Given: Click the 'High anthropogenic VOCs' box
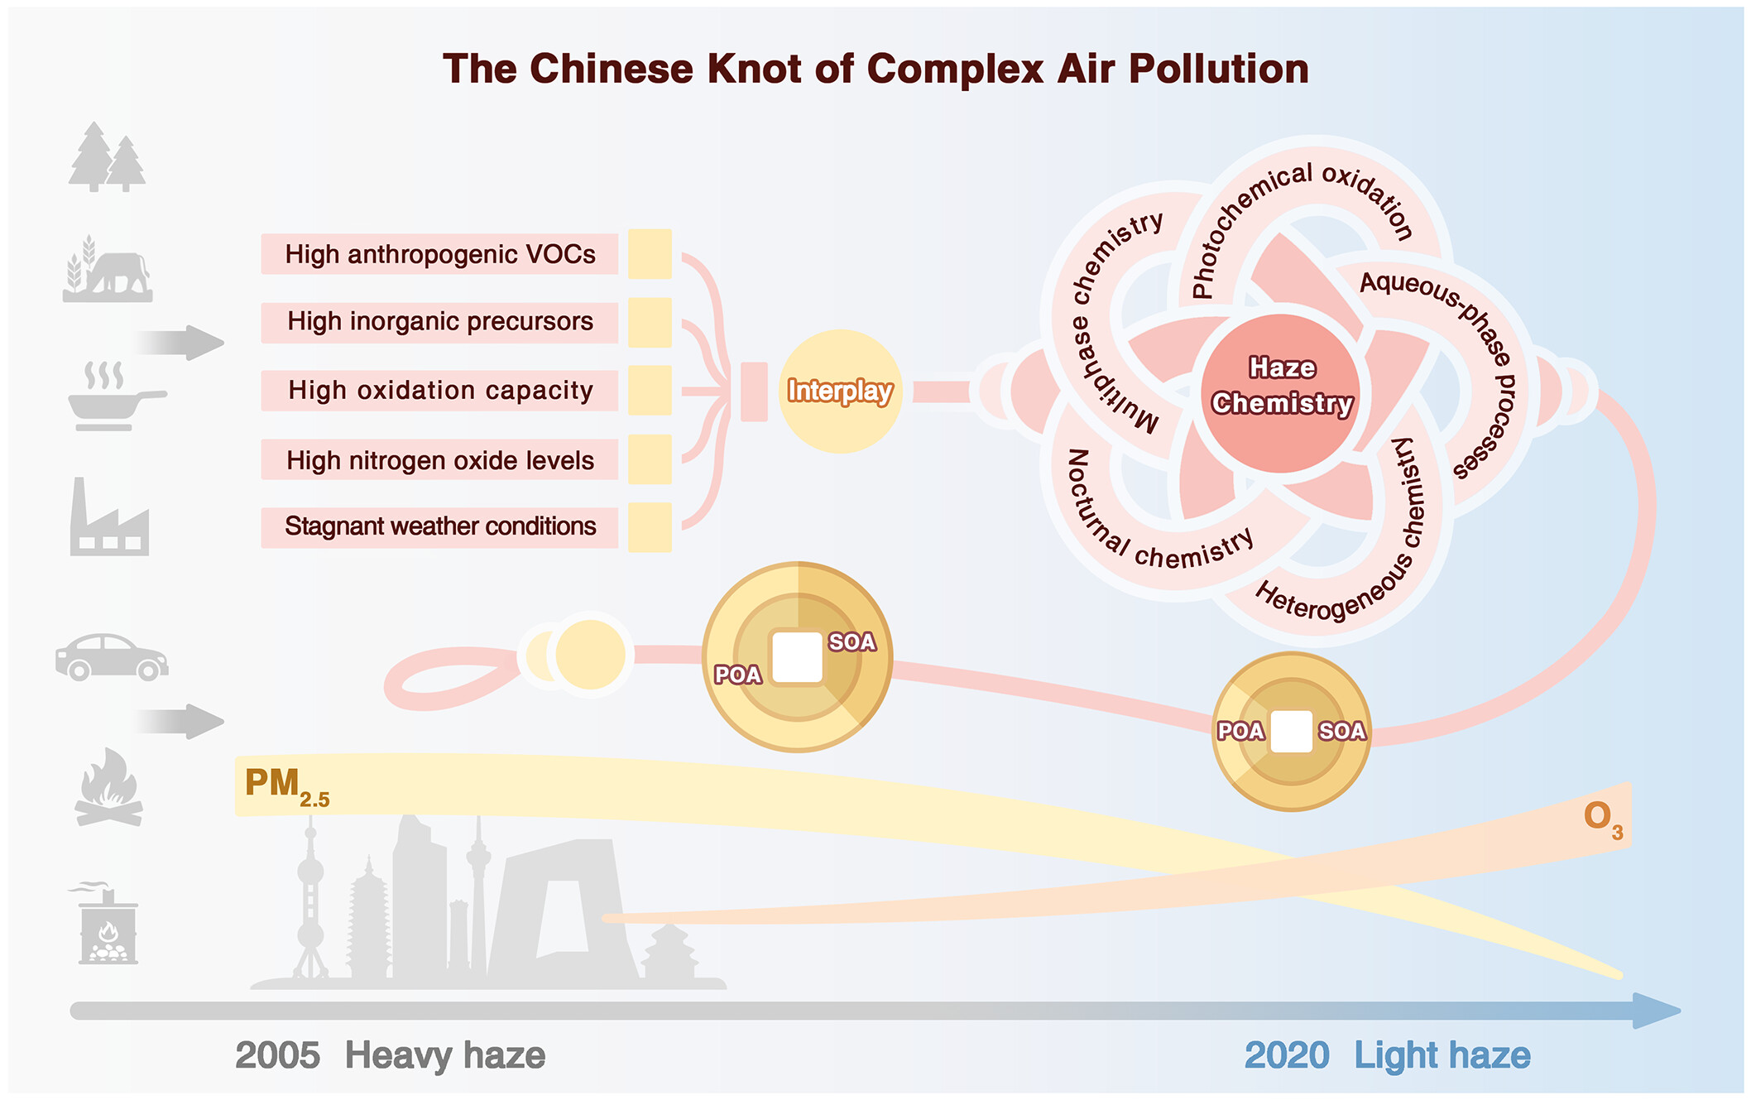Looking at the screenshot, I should pos(439,254).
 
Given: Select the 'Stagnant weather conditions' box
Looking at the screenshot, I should pos(439,526).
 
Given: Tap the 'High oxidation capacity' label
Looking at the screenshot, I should pos(439,391).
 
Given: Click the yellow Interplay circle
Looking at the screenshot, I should pos(840,391).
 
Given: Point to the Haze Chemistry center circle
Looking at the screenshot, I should pos(1281,392).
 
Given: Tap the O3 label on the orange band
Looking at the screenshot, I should pos(1602,819).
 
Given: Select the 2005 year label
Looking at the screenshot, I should pos(277,1055).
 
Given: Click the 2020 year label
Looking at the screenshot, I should pos(1287,1055).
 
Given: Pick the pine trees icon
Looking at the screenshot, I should pos(108,157).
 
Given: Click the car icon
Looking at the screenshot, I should pos(112,658).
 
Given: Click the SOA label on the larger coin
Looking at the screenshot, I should pos(852,642).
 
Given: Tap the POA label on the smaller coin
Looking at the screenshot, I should pos(1240,731).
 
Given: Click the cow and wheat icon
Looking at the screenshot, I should pos(108,270).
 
